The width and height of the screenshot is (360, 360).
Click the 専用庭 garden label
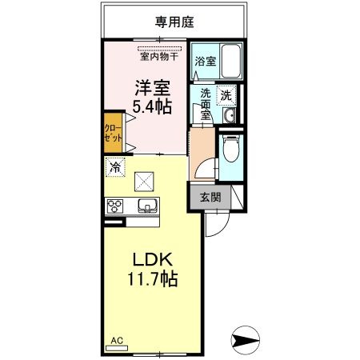[x=174, y=22]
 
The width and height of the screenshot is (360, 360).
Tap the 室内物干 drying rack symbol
[x=159, y=49]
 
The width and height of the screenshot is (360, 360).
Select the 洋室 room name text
[x=152, y=88]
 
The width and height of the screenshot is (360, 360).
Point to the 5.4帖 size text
[x=152, y=106]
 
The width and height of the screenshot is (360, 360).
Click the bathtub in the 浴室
[x=231, y=61]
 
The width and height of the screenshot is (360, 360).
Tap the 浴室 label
[x=205, y=62]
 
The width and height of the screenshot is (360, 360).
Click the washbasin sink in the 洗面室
[x=229, y=116]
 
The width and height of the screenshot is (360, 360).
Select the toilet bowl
[x=230, y=150]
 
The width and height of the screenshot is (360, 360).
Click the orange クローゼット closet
[x=113, y=133]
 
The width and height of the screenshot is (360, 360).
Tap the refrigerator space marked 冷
[x=115, y=167]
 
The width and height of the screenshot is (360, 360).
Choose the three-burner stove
[x=115, y=206]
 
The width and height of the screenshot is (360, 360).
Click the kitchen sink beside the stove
[x=147, y=206]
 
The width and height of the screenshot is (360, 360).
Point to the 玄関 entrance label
[x=210, y=198]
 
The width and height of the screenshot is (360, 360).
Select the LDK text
[x=153, y=259]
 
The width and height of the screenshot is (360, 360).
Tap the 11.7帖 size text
[x=153, y=278]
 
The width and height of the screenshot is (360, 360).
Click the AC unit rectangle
[x=117, y=348]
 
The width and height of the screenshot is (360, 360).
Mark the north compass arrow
[x=246, y=340]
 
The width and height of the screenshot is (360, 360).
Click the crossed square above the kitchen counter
[x=144, y=182]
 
